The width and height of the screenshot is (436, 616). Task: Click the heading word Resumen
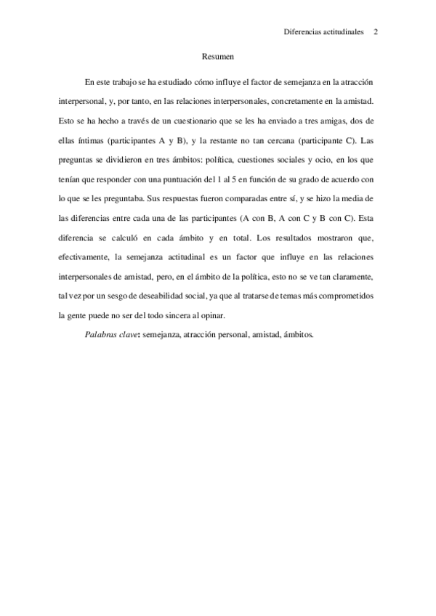(217, 55)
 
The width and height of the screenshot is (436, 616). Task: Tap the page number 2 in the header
(376, 32)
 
